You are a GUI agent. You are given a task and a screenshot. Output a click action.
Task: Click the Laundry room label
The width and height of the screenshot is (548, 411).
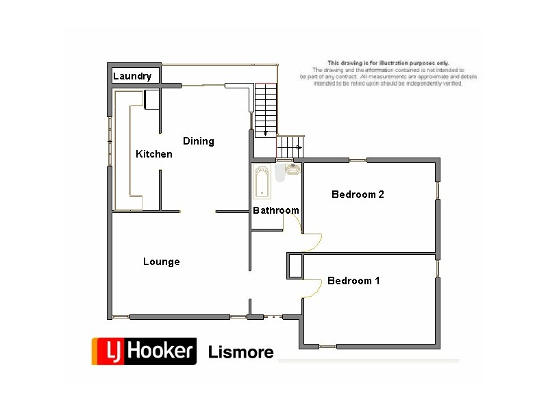pos(132,76)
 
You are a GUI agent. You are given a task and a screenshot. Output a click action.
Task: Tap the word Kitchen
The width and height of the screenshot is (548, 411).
pos(153,154)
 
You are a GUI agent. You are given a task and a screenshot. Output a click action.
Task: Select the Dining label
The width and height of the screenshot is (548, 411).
pos(199,141)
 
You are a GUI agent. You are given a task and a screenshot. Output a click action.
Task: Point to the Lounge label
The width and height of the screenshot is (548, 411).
pos(162,262)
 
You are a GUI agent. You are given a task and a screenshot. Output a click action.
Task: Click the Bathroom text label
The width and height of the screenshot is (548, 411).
pos(276,210)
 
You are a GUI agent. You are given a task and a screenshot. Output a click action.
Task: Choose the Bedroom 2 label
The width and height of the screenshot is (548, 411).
pos(358,195)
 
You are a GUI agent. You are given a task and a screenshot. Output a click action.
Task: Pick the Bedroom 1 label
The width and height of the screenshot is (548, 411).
pos(353,281)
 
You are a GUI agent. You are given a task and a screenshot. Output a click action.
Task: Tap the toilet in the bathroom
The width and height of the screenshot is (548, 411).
pos(279,174)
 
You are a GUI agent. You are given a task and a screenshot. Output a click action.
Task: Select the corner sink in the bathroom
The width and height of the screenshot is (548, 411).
pos(294,168)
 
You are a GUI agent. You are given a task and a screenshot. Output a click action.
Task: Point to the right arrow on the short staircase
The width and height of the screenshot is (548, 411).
pos(299,147)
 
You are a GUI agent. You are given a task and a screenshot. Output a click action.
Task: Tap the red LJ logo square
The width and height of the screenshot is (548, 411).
pos(108,351)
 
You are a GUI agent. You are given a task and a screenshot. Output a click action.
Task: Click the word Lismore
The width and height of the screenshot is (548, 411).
pos(240,353)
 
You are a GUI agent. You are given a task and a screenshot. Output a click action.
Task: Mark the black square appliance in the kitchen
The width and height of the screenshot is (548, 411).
pos(151,99)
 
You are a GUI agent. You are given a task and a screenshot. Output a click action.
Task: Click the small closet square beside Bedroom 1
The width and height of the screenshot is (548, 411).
pos(295,266)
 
